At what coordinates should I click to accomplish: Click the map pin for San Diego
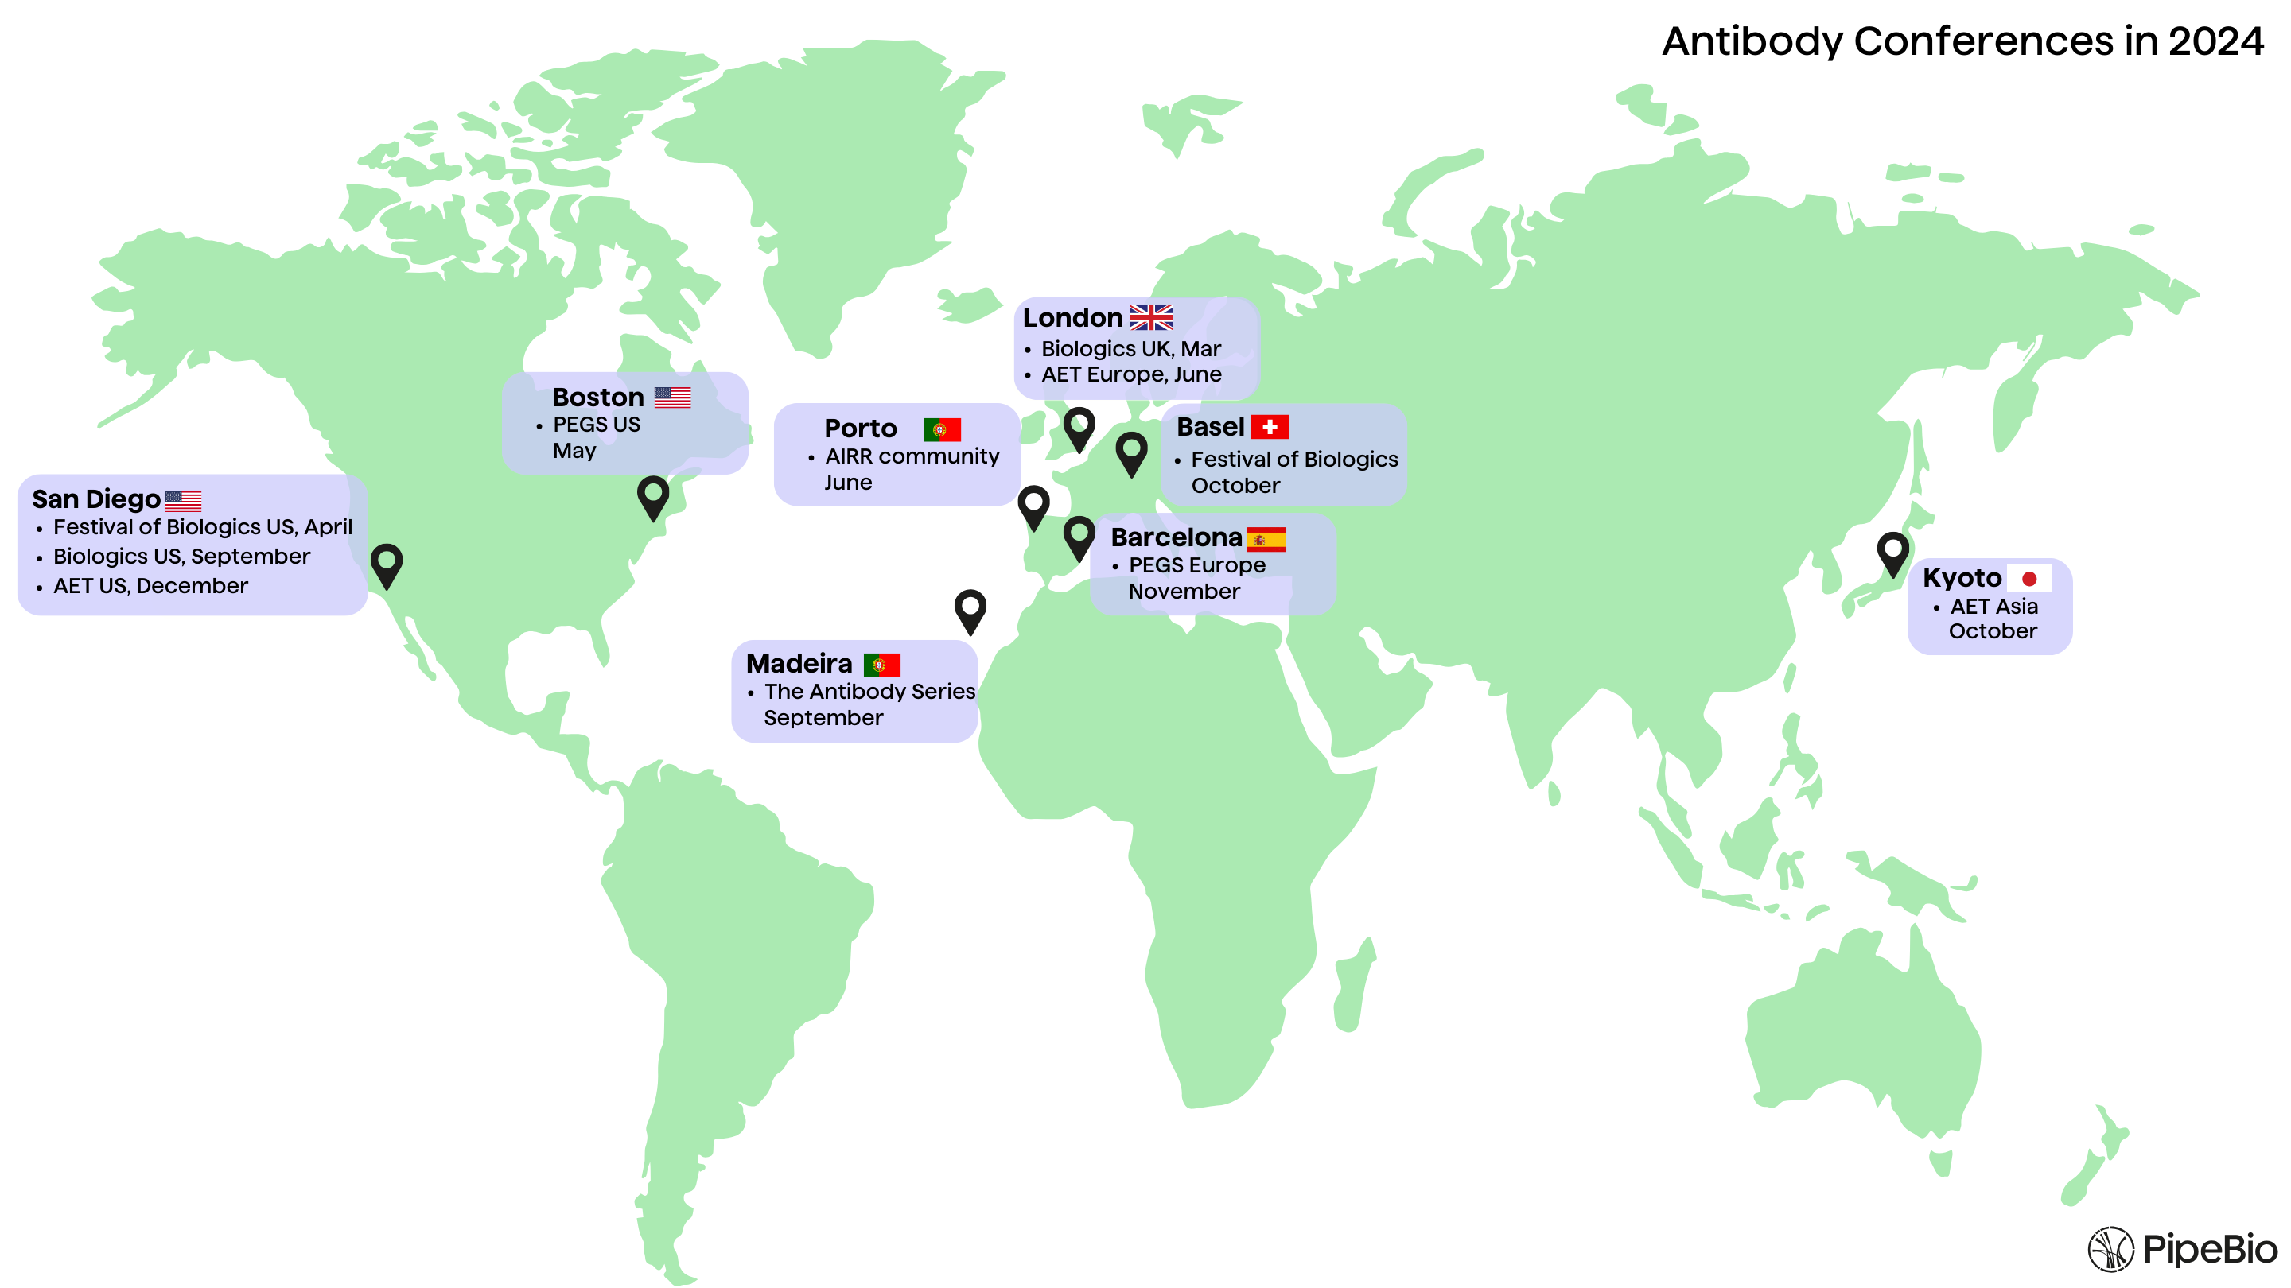click(387, 564)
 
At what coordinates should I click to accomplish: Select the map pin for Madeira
click(970, 610)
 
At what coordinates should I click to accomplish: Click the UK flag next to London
click(1151, 317)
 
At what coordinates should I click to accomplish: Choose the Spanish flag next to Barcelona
click(1266, 539)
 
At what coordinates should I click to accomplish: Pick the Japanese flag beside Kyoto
click(2028, 579)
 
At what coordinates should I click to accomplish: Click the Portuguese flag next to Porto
click(942, 429)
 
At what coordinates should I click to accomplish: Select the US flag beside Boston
click(672, 398)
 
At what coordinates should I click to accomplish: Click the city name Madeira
click(799, 664)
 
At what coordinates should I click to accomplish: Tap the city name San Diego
click(96, 499)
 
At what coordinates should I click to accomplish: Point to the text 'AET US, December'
click(150, 586)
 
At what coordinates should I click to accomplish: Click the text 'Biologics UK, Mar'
click(1130, 348)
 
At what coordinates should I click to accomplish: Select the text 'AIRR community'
click(912, 456)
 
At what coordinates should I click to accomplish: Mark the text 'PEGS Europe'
click(1196, 565)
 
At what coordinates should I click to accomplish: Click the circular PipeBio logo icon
click(2110, 1249)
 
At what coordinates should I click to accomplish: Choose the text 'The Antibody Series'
click(869, 692)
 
